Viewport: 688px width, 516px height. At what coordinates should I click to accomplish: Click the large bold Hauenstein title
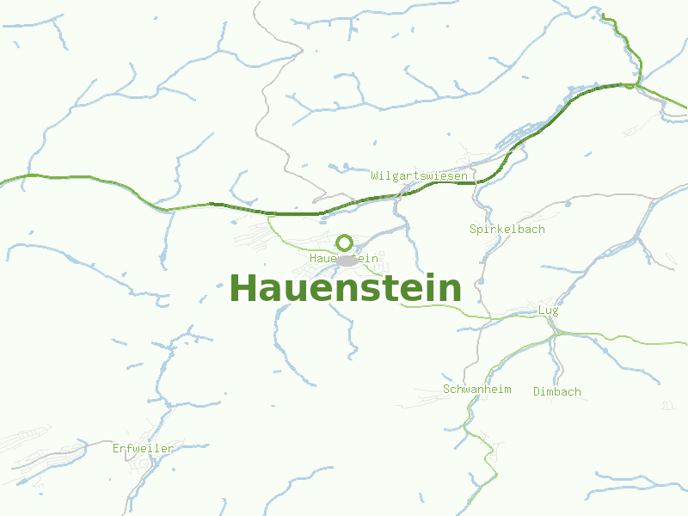[345, 288]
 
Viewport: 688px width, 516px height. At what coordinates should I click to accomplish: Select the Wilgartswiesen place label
[420, 176]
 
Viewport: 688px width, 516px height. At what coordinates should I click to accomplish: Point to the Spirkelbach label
[507, 230]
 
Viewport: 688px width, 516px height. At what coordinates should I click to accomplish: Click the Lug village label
[548, 310]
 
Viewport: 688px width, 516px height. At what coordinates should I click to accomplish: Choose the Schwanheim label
[476, 390]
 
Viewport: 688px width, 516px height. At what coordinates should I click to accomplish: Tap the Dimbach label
[556, 392]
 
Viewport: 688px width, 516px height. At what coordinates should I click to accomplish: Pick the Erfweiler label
[143, 448]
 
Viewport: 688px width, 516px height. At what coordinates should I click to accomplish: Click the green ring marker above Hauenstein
[345, 243]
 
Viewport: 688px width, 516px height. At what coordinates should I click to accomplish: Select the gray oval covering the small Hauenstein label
[347, 260]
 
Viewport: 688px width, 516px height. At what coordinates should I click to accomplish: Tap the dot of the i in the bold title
[430, 274]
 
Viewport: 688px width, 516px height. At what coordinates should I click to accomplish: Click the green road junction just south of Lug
[551, 331]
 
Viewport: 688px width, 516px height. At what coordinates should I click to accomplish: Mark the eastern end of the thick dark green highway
[632, 85]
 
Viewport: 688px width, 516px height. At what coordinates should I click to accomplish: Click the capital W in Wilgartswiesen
[375, 176]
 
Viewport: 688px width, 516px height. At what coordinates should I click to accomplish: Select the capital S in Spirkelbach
[473, 230]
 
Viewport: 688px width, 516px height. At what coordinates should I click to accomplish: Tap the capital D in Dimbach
[537, 392]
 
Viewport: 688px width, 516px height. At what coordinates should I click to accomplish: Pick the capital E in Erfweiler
[116, 448]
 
